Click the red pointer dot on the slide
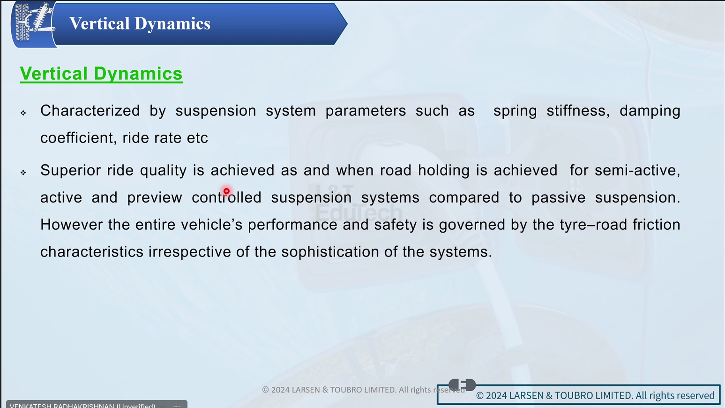[226, 191]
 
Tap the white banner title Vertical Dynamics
[140, 23]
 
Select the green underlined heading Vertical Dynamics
[101, 74]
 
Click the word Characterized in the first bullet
[90, 111]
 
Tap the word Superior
[71, 170]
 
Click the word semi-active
[637, 170]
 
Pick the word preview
[155, 198]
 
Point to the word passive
[558, 198]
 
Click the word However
[72, 225]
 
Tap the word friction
[657, 225]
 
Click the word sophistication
[330, 252]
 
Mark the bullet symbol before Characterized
[23, 113]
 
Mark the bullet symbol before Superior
[23, 173]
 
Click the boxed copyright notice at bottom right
[579, 395]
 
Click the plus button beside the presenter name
[177, 405]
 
